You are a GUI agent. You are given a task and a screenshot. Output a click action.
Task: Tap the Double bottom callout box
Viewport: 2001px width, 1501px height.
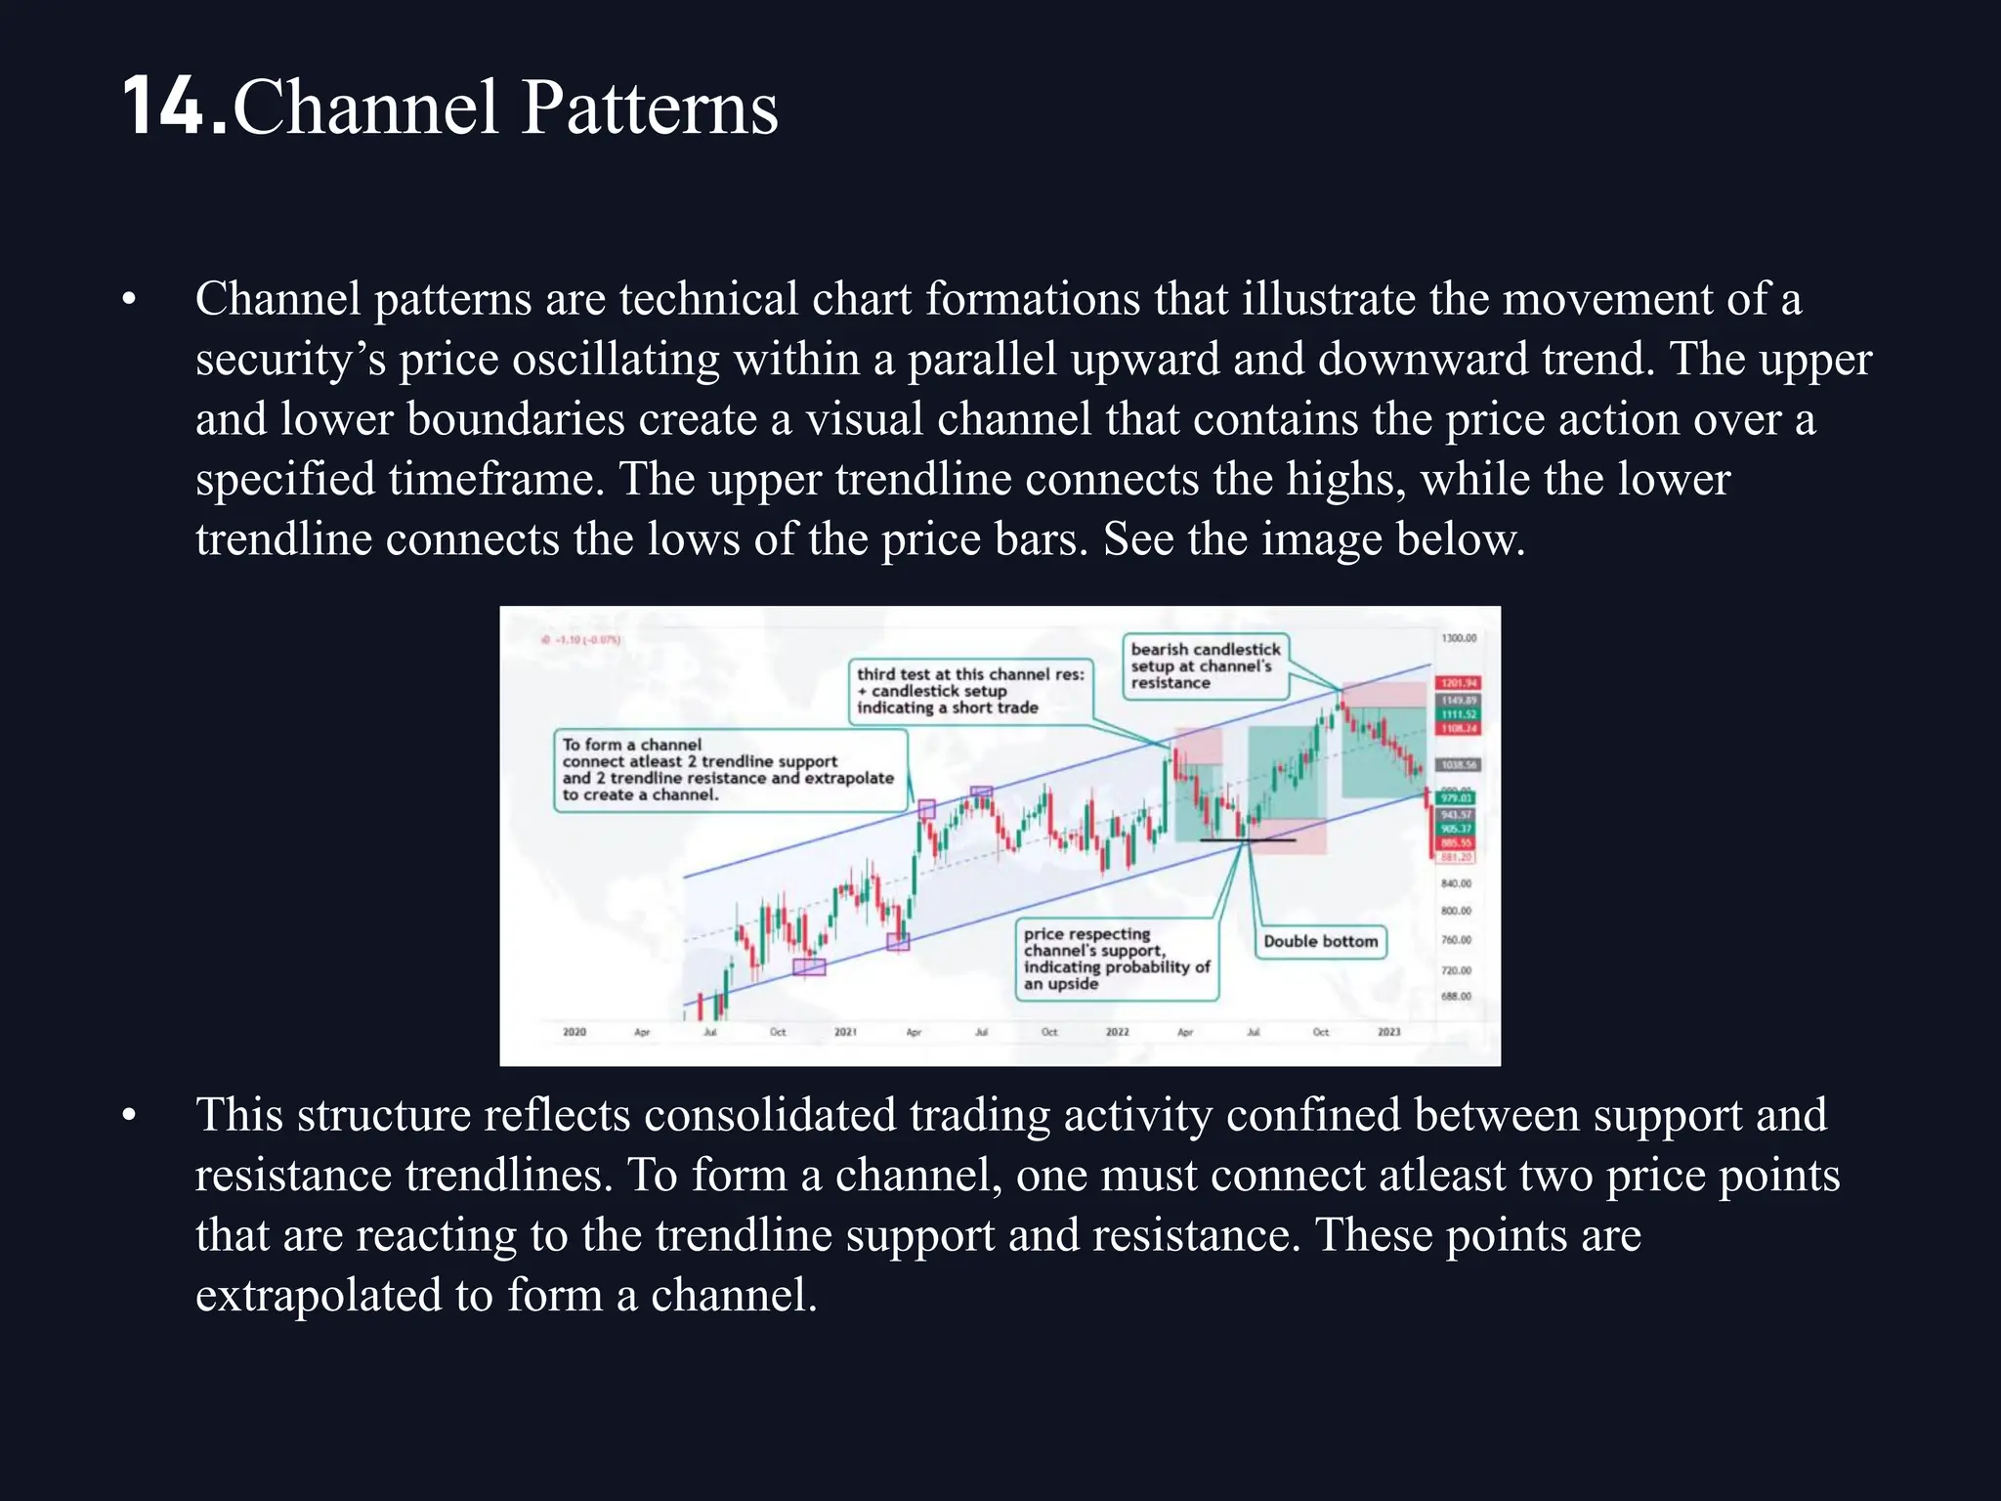point(1320,941)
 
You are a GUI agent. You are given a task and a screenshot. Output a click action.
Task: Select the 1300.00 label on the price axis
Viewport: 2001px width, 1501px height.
point(1459,638)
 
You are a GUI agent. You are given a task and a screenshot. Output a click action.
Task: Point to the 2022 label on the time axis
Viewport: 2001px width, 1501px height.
point(1117,1032)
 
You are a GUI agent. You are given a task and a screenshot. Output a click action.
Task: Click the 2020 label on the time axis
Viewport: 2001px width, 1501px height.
point(575,1032)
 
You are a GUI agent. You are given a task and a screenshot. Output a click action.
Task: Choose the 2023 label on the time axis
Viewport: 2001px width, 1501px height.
point(1388,1032)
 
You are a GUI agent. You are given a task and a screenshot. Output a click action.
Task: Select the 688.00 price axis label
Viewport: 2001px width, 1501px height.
point(1456,997)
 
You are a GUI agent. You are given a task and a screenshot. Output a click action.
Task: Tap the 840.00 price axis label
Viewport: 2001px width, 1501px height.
point(1456,883)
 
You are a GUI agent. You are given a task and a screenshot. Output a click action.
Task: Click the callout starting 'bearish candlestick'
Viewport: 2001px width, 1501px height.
point(1205,665)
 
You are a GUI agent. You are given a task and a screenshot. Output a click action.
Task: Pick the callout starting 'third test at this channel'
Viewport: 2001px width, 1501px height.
point(969,691)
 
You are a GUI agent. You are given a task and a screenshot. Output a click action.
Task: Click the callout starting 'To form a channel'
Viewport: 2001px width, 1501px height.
point(728,770)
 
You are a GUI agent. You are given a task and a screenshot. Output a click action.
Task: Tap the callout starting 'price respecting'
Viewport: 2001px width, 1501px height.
point(1116,959)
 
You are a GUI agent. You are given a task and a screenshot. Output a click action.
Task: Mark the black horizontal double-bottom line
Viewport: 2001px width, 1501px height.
point(1247,839)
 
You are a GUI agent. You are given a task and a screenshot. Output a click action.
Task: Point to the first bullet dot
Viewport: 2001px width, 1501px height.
point(129,300)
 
